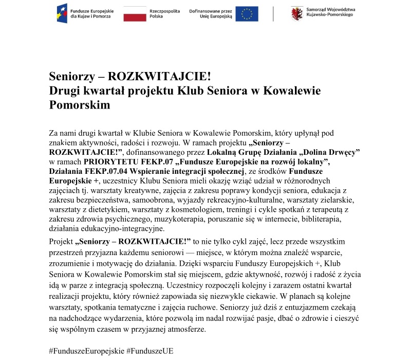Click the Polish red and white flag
coord(135,14)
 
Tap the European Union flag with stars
coord(250,14)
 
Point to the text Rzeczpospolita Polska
coord(161,14)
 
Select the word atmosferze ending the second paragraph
coord(185,330)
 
